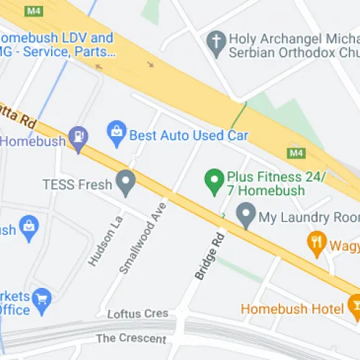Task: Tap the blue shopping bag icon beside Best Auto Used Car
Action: click(115, 133)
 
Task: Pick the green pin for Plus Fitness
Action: click(213, 181)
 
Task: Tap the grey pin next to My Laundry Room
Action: click(246, 215)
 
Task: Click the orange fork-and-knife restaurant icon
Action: click(315, 243)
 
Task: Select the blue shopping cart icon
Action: click(42, 297)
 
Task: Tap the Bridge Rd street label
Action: click(207, 256)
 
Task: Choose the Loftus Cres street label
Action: click(137, 314)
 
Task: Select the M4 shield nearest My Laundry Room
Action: click(296, 153)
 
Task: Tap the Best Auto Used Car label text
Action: click(188, 135)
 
